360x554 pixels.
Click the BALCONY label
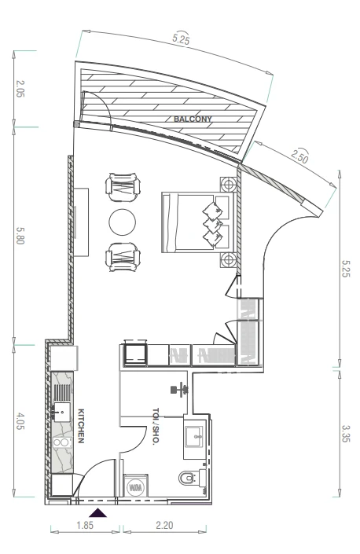point(193,119)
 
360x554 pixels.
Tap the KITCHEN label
point(81,426)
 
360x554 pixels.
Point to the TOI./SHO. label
point(156,426)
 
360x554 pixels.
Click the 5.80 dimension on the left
point(20,235)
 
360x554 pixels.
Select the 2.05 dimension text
point(20,89)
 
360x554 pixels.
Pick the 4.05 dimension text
point(20,420)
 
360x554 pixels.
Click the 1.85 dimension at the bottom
point(85,525)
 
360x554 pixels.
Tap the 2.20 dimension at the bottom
point(164,525)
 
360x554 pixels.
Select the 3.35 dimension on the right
point(346,433)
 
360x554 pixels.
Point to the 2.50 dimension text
point(299,156)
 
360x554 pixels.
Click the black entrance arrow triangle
point(98,512)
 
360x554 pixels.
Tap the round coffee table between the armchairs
point(123,222)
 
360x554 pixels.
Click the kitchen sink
point(62,413)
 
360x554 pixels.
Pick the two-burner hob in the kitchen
point(62,442)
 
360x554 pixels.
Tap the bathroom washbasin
point(195,437)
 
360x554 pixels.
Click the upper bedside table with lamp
point(228,185)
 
